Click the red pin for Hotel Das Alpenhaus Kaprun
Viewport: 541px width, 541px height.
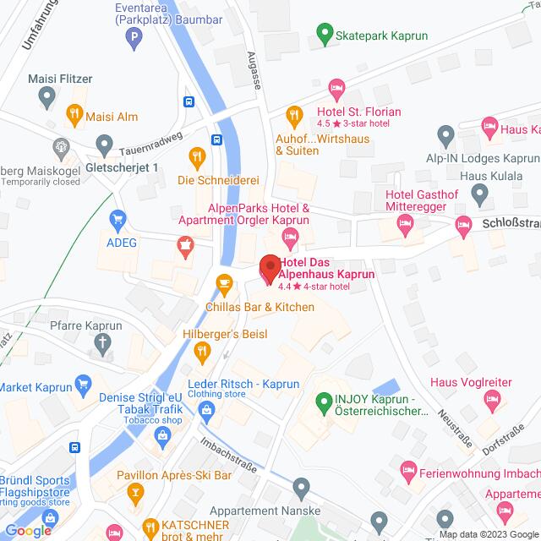pyautogui.click(x=269, y=268)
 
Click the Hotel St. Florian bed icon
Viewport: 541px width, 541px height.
pyautogui.click(x=336, y=87)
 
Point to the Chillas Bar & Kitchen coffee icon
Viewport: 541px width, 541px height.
pyautogui.click(x=223, y=282)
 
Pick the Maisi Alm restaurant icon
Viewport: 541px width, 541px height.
pyautogui.click(x=75, y=112)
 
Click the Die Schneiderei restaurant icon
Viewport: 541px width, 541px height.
pyautogui.click(x=197, y=156)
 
